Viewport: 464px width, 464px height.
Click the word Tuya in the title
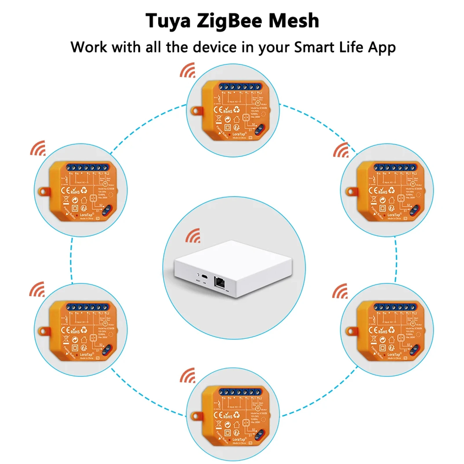tap(168, 21)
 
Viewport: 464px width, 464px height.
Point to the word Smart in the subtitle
tap(314, 47)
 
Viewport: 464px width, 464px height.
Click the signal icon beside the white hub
tap(193, 236)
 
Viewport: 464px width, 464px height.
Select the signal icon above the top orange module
tap(188, 70)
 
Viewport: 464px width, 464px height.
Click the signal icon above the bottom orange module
tap(188, 376)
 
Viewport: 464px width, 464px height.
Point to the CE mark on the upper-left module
tap(65, 191)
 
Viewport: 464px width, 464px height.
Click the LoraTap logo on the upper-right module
tap(394, 215)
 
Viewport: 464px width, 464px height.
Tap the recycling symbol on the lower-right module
tap(391, 330)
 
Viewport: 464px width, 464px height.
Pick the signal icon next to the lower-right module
tap(340, 291)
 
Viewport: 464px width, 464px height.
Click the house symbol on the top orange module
tap(237, 119)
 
